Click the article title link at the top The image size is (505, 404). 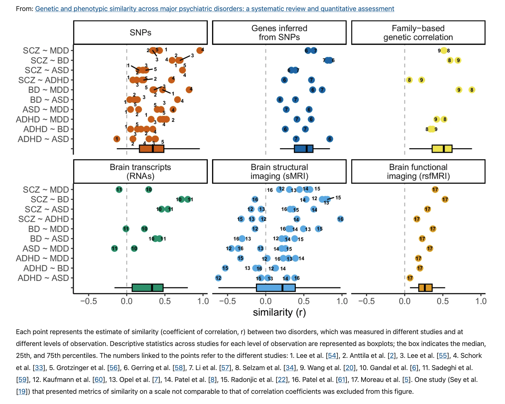pos(214,9)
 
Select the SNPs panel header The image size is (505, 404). pos(140,33)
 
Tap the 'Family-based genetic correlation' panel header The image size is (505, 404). pos(418,33)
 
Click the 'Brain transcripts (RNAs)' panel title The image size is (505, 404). pos(140,171)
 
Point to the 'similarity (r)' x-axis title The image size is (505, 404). pos(279,312)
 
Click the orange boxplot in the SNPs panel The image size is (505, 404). pos(151,149)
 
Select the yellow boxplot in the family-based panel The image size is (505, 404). pos(442,149)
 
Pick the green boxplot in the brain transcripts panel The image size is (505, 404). pos(147,288)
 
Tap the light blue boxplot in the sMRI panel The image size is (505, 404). pos(276,288)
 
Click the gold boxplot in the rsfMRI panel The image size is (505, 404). pos(425,288)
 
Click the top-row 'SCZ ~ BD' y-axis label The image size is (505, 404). pos(50,61)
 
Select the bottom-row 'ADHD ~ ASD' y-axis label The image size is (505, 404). pos(43,278)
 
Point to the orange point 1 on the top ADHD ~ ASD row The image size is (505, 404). pos(117,139)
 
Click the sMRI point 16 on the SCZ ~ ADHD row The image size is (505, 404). pos(340,219)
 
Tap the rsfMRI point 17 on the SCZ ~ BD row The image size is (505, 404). pos(445,199)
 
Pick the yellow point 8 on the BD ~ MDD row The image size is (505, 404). pos(472,90)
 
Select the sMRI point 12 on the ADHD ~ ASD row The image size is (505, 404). pos(218,278)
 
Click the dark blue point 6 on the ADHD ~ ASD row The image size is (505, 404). pos(329,139)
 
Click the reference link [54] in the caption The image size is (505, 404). pos(332,356)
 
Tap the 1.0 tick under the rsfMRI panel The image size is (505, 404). pos(481,301)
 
